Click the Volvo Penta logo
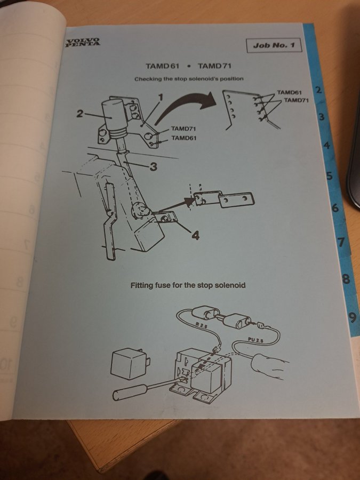click(x=83, y=42)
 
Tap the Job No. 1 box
click(x=274, y=46)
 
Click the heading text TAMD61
click(x=163, y=66)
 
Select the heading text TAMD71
click(x=214, y=66)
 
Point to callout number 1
click(x=161, y=98)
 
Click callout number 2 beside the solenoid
click(x=79, y=114)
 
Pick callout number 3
click(x=154, y=167)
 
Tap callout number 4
click(x=196, y=235)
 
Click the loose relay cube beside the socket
click(x=130, y=364)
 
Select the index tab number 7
click(x=341, y=242)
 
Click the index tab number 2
click(x=319, y=90)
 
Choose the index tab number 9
click(x=353, y=318)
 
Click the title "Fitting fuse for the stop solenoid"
click(x=188, y=286)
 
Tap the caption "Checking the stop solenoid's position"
click(x=189, y=79)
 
